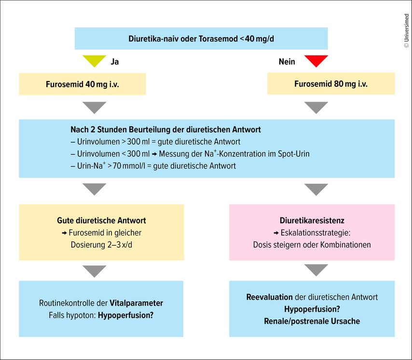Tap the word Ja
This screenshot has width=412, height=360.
pos(114,62)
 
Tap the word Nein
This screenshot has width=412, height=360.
pos(287,62)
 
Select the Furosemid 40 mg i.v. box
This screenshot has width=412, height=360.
pos(82,84)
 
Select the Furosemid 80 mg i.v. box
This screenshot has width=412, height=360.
pos(331,83)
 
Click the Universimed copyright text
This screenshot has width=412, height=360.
pos(407,31)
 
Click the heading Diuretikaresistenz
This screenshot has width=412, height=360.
pos(312,220)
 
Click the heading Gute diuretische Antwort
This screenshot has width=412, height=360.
pos(101,220)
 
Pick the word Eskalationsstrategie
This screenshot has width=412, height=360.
pos(316,233)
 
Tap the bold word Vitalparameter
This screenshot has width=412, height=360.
pos(136,303)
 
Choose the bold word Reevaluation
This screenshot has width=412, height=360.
pos(269,297)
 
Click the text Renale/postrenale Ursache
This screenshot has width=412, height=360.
pos(312,321)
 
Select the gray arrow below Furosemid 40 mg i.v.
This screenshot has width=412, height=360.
pos(95,107)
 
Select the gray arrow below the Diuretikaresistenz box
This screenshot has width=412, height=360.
pos(316,270)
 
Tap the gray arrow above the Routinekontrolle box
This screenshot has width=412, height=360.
pos(95,271)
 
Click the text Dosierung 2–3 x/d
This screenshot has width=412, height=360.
pos(101,245)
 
